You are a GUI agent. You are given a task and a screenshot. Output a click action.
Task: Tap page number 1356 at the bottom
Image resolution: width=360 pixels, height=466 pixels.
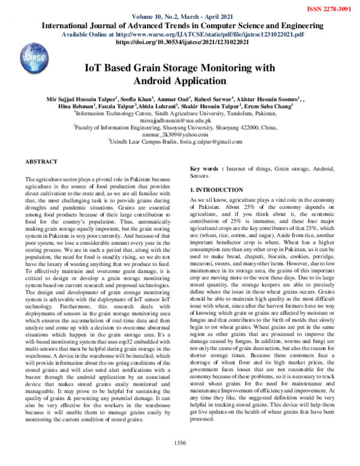[180, 459]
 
